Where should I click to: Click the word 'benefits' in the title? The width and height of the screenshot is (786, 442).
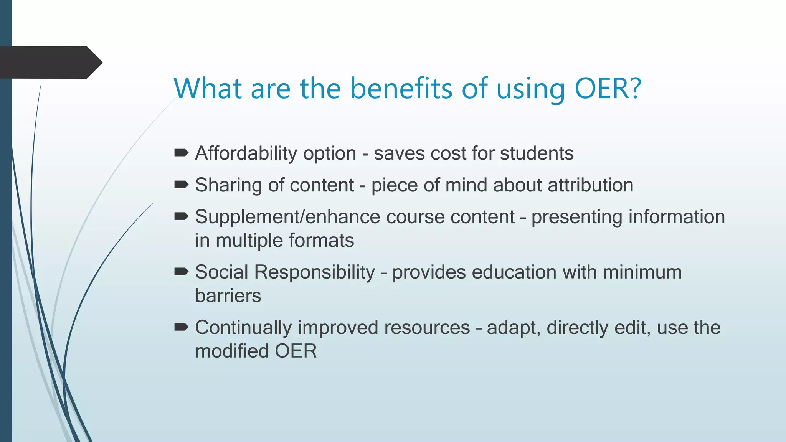pos(401,88)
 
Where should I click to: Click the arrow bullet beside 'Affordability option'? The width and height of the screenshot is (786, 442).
pos(181,153)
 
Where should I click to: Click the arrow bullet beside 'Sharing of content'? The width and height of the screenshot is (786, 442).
pos(181,185)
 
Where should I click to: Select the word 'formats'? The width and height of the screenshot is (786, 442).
pos(321,241)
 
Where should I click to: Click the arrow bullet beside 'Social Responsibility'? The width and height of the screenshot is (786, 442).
pos(181,272)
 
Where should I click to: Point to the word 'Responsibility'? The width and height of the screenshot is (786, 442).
pos(314,273)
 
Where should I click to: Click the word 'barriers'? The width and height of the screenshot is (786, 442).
pos(228,296)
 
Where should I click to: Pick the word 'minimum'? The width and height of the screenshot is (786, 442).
pos(642,272)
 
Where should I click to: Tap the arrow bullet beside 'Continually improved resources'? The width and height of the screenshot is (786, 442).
pos(181,327)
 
